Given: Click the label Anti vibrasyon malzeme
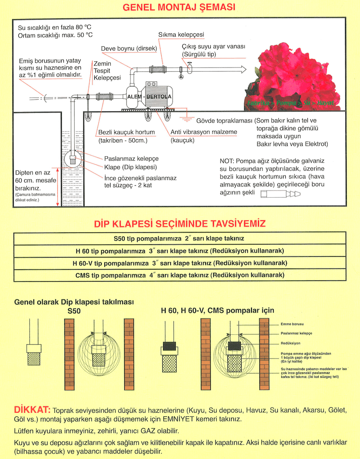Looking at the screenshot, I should click(x=204, y=132).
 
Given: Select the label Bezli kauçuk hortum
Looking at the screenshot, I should click(x=127, y=132).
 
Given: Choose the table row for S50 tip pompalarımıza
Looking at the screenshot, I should click(x=179, y=239).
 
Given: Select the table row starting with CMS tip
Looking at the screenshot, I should click(x=179, y=275).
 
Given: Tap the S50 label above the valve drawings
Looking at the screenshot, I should click(x=73, y=311).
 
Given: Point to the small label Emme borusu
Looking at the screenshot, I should click(x=291, y=324).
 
